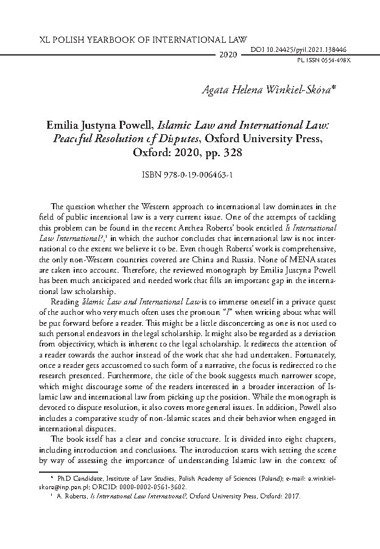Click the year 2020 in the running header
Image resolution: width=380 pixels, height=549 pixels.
[x=228, y=54]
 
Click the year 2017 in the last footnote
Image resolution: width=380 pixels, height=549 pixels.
[x=300, y=497]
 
